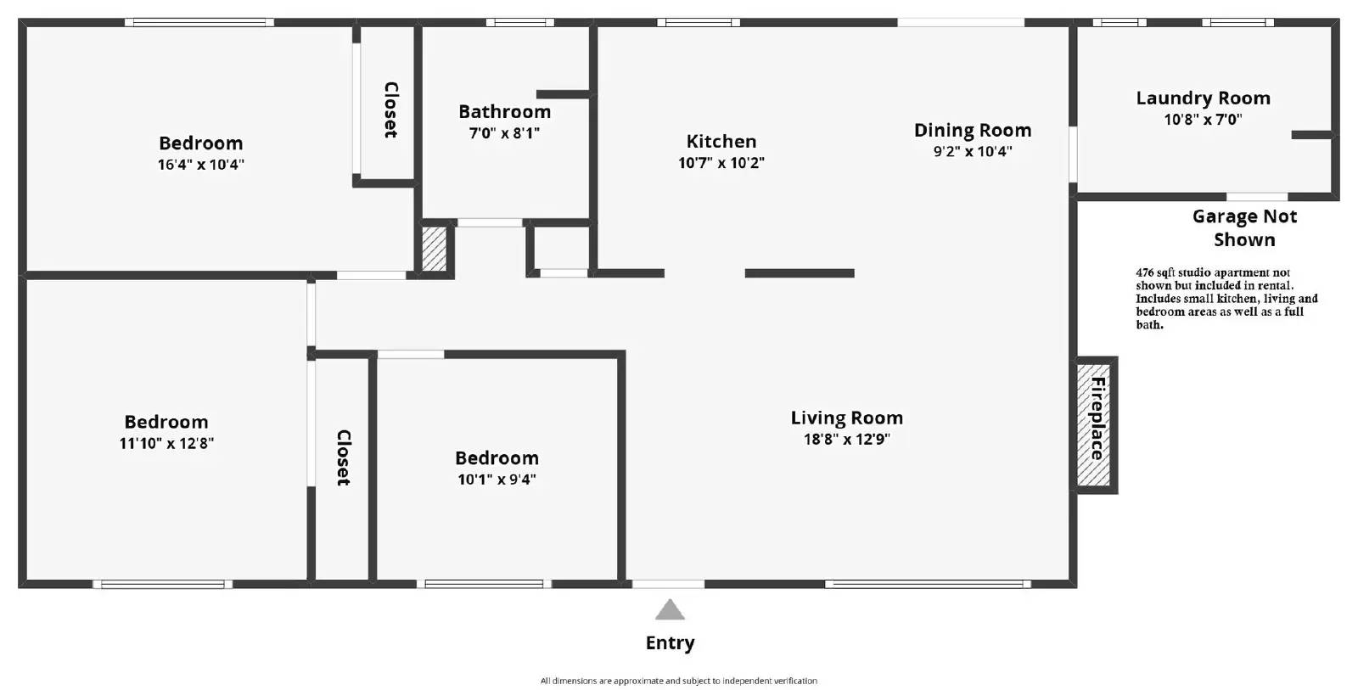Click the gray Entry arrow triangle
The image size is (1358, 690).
670,610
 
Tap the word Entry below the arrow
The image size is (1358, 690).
670,642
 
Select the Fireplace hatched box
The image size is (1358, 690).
1097,425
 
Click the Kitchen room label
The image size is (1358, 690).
721,141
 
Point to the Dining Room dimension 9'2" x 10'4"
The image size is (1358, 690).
973,151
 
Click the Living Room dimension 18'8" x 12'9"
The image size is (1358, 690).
847,439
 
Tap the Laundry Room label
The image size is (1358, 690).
1203,98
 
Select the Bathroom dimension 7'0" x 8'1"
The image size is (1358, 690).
504,132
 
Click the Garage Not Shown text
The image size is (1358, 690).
1244,228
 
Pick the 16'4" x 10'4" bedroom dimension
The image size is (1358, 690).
200,165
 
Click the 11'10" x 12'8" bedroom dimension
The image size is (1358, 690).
166,443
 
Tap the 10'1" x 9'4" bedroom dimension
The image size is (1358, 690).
497,480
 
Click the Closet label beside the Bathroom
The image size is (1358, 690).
391,109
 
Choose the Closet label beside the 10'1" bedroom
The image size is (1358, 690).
343,457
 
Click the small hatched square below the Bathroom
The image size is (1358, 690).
434,249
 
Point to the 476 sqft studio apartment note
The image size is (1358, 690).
1226,298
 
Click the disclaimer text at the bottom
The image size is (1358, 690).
679,681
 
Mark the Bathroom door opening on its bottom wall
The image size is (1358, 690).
490,222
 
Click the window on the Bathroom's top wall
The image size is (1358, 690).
520,22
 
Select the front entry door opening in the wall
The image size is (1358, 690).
668,584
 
